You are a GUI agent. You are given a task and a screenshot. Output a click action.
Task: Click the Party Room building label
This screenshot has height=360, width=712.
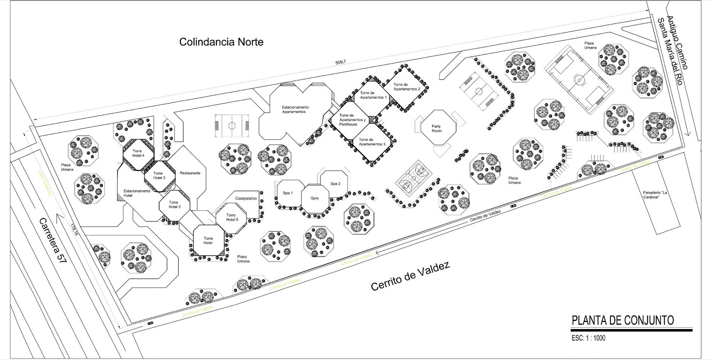click(x=436, y=129)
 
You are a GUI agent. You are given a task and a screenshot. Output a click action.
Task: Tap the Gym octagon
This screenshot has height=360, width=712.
click(x=315, y=198)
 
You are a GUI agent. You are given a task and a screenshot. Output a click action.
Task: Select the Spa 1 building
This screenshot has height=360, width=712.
click(x=288, y=193)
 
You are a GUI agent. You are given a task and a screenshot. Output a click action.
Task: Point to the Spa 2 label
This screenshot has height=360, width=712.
click(x=335, y=184)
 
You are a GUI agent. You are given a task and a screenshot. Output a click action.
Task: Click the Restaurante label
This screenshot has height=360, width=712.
click(x=190, y=173)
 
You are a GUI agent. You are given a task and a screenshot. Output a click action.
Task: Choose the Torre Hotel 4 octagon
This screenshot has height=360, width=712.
click(x=138, y=153)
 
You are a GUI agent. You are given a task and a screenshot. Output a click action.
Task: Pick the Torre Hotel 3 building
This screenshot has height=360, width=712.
click(x=159, y=176)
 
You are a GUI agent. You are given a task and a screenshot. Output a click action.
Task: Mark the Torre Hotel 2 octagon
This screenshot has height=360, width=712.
click(x=174, y=205)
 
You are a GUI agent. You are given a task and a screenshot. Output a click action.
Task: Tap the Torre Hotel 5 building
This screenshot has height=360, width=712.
click(x=232, y=218)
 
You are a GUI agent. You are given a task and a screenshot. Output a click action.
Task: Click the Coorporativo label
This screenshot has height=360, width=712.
click(x=246, y=198)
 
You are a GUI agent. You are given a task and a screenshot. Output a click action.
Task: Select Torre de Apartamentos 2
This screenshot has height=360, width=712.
click(x=407, y=87)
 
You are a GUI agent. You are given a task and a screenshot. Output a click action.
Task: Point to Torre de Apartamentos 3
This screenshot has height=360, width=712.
click(x=372, y=142)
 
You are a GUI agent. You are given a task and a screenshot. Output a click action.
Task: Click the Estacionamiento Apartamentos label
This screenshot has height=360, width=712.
click(x=295, y=110)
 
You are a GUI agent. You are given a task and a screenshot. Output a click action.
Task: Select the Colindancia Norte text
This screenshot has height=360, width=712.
click(x=221, y=41)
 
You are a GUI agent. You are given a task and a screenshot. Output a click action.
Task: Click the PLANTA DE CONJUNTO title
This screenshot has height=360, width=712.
click(x=623, y=320)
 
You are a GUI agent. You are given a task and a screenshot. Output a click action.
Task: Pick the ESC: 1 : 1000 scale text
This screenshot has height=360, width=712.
click(x=588, y=338)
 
